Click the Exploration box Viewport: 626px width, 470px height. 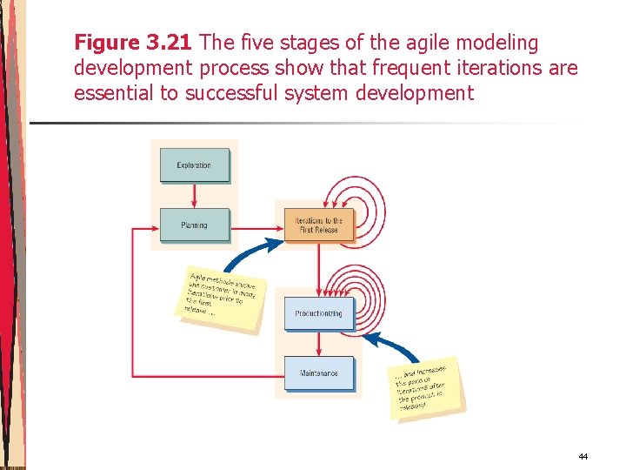[194, 165]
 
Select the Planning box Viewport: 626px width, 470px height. [194, 225]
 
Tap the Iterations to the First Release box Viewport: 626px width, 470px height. [319, 225]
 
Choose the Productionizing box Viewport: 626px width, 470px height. [319, 313]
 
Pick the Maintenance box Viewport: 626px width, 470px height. [319, 373]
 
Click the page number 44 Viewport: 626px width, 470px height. [583, 456]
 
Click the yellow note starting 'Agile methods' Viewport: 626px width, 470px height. [223, 296]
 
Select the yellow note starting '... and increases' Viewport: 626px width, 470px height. [425, 384]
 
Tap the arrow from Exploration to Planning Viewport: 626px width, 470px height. [194, 195]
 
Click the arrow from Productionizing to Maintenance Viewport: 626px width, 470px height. [319, 344]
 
